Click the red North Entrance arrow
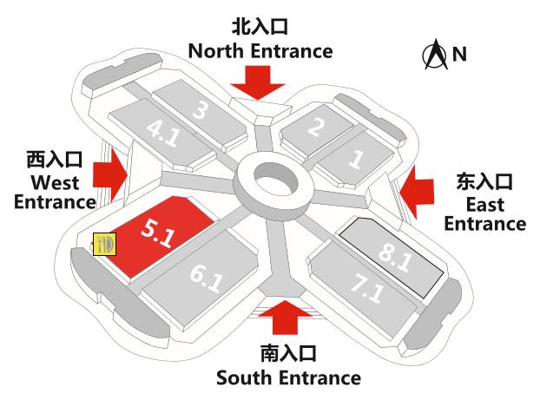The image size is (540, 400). point(260,82)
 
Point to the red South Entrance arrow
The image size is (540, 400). point(286,318)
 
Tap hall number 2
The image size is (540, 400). point(314,128)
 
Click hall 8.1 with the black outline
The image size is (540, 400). point(396,252)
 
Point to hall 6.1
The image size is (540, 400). point(207,279)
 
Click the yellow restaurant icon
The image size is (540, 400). point(105,245)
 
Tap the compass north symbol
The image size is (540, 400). point(434,56)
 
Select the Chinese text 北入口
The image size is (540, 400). point(260,26)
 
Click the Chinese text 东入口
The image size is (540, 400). point(484,182)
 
